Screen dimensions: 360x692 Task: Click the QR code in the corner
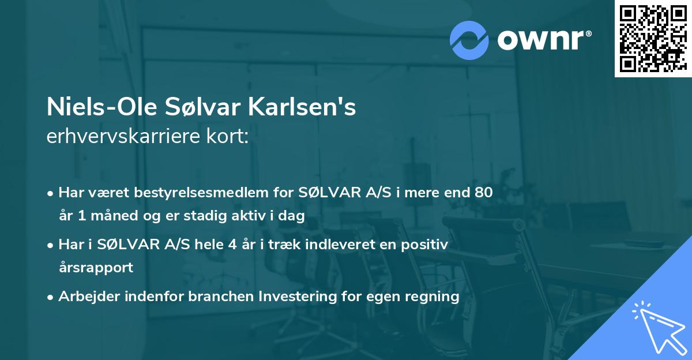pyautogui.click(x=653, y=38)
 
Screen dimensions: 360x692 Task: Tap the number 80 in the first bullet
pyautogui.click(x=483, y=193)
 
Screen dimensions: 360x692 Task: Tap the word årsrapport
pyautogui.click(x=96, y=268)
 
